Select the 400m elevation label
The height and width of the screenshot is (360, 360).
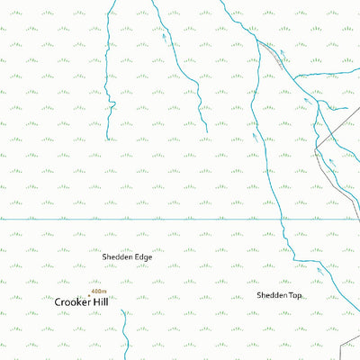[98, 291]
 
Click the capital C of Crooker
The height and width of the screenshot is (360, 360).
[58, 302]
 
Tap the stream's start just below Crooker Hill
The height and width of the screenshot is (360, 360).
[123, 310]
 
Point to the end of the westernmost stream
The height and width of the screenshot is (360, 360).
[108, 139]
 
